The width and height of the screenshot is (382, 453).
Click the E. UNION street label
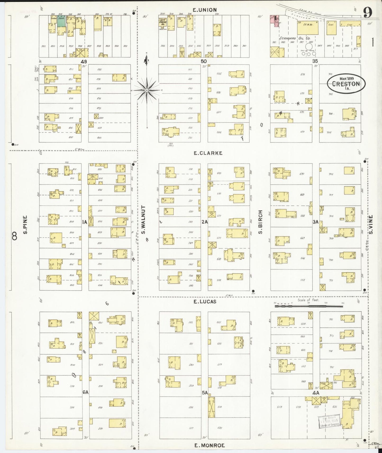pyautogui.click(x=205, y=10)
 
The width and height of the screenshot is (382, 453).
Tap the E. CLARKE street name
pyautogui.click(x=208, y=153)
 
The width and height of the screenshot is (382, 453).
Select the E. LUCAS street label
pyautogui.click(x=205, y=302)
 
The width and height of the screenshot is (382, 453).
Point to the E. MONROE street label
pyautogui.click(x=210, y=445)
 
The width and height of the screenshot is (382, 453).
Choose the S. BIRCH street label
pyautogui.click(x=261, y=222)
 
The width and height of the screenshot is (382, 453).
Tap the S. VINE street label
pyautogui.click(x=371, y=224)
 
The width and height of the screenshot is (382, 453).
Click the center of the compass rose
pyautogui.click(x=147, y=90)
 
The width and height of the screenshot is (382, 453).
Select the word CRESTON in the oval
pyautogui.click(x=346, y=84)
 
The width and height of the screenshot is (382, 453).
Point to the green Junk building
pyautogui.click(x=61, y=21)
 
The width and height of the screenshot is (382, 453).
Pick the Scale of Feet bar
pyautogui.click(x=309, y=306)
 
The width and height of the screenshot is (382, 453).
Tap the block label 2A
pyautogui.click(x=205, y=222)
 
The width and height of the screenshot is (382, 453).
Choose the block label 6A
pyautogui.click(x=85, y=392)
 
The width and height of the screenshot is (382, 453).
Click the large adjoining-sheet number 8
pyautogui.click(x=15, y=236)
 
